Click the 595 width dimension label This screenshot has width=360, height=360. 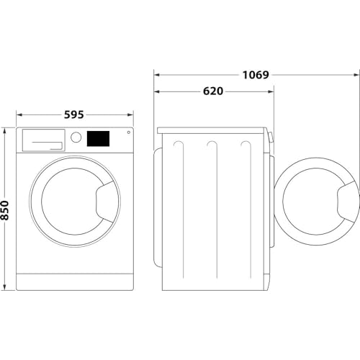tap(74, 114)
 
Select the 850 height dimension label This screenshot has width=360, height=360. tap(6, 209)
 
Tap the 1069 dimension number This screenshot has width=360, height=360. tap(256, 74)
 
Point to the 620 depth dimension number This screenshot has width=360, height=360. tap(212, 91)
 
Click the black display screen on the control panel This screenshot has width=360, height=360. tap(99, 138)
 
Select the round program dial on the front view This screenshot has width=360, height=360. tap(76, 138)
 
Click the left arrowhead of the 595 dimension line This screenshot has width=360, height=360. tap(19, 114)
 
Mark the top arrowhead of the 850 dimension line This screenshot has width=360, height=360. tap(6, 130)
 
